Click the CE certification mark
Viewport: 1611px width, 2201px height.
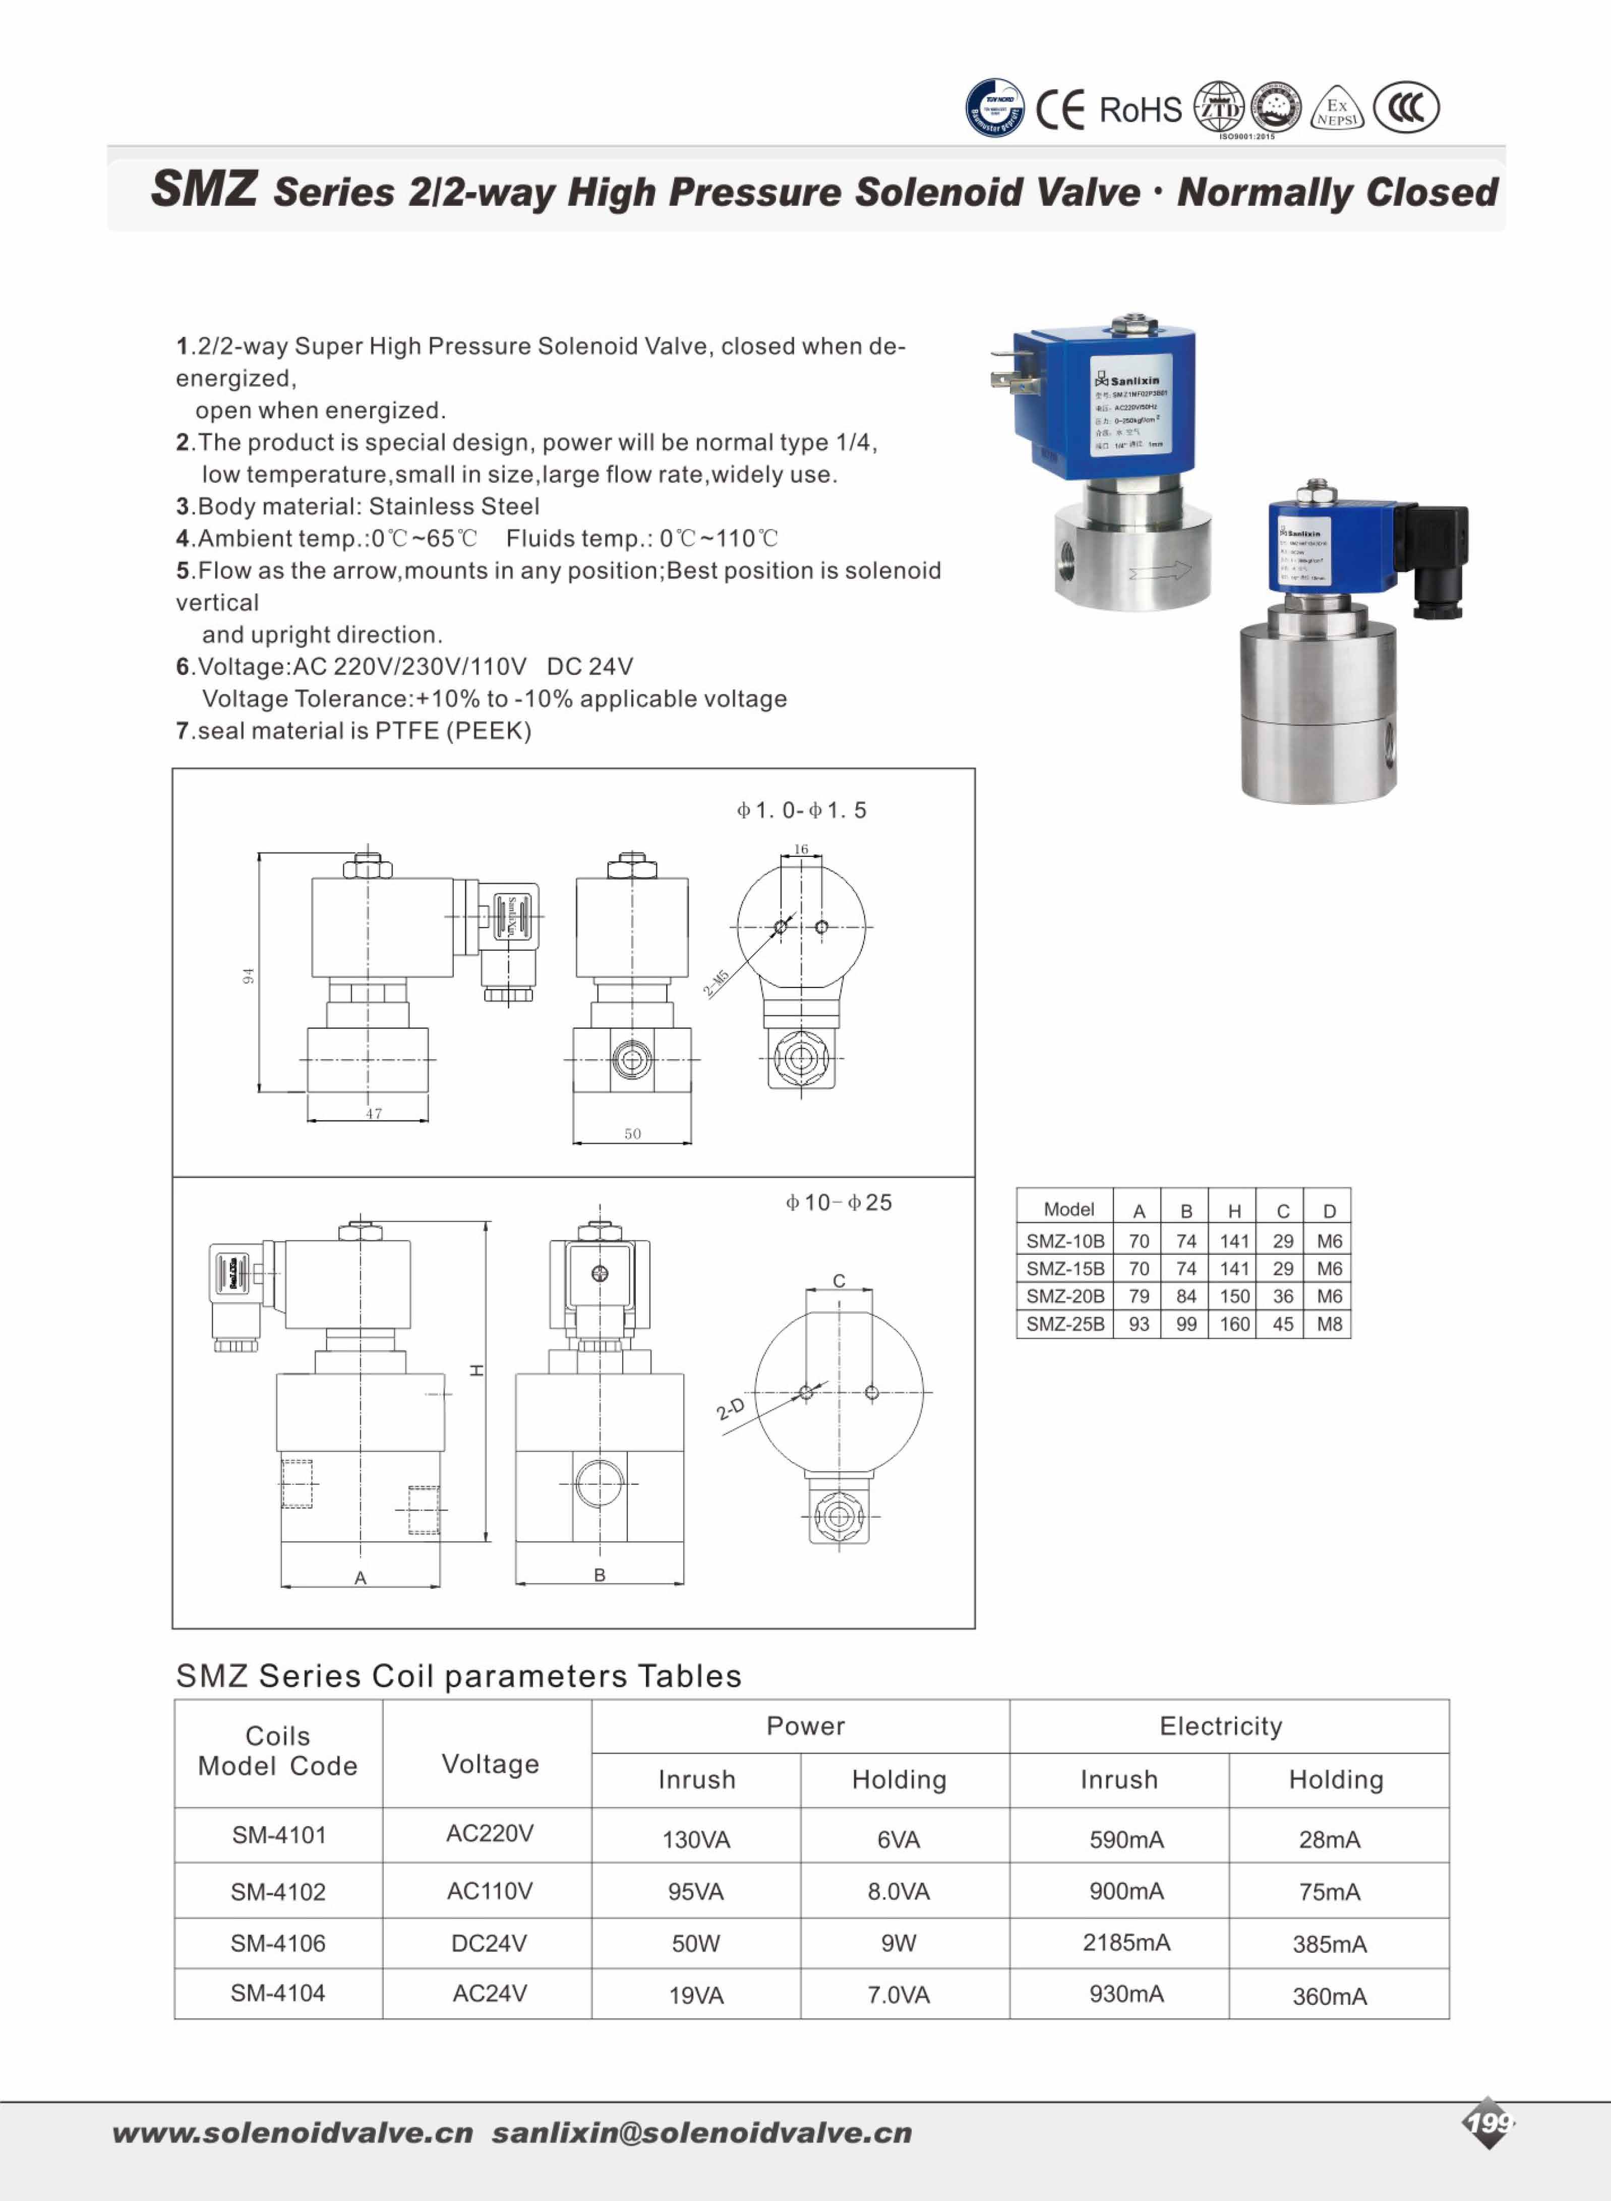pos(1060,109)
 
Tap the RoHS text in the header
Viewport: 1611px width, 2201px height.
pos(1140,110)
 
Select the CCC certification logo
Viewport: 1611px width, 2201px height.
pos(1405,107)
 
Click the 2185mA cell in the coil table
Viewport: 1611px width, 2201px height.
pos(1126,1943)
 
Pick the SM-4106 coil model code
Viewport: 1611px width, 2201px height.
pos(278,1944)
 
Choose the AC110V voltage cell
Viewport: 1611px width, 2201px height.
pos(490,1891)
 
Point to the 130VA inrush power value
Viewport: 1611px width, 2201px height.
pos(696,1839)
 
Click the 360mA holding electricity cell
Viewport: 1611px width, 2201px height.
pos(1329,1996)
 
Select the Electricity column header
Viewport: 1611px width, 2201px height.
pos(1221,1726)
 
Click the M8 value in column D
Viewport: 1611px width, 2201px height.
pos(1329,1324)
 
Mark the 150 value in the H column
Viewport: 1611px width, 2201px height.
pos(1234,1296)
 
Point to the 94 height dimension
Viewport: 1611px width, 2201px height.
pos(249,975)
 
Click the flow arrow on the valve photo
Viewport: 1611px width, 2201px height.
pos(1159,570)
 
